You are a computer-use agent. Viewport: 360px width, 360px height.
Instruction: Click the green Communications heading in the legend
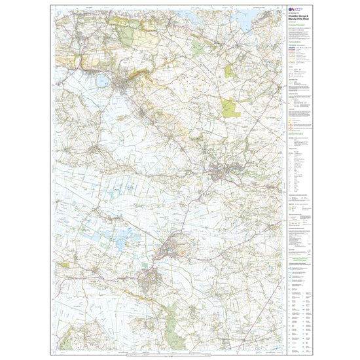point(297,41)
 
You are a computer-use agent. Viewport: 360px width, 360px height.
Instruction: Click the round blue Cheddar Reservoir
point(101,81)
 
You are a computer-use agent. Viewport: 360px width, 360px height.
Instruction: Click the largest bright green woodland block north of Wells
point(230,107)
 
